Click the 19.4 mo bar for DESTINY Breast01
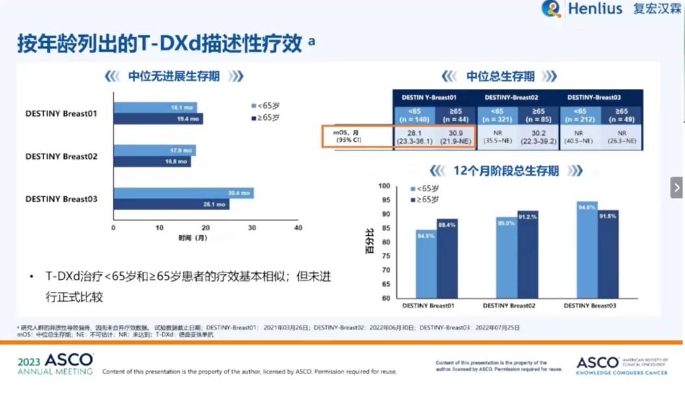[158, 119]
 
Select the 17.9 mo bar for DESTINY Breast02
[155, 150]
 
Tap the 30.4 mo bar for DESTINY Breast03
[184, 193]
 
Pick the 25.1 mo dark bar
[171, 204]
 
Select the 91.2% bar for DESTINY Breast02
[527, 255]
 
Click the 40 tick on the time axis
[298, 228]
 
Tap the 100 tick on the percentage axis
[384, 186]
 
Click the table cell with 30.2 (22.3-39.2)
[540, 137]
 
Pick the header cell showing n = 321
[498, 115]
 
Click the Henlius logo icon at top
[551, 8]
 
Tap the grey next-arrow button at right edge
[677, 187]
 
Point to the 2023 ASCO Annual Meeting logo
[55, 364]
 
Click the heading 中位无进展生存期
[173, 77]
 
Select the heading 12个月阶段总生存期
[506, 171]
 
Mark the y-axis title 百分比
[369, 241]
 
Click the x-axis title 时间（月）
[193, 238]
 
